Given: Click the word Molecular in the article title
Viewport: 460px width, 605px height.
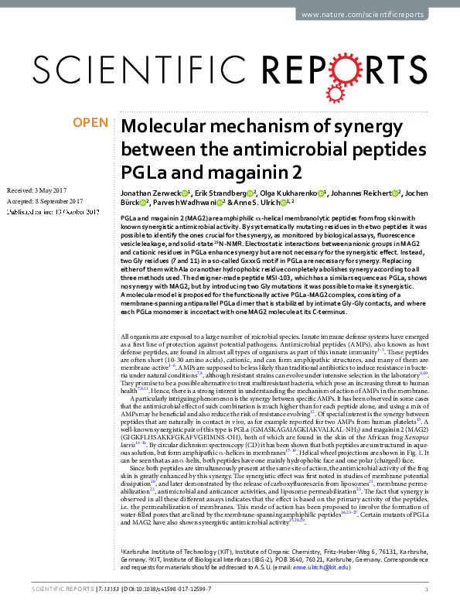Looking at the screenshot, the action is pyautogui.click(x=164, y=128).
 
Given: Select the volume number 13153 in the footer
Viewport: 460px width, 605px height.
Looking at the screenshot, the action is pyautogui.click(x=104, y=591).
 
